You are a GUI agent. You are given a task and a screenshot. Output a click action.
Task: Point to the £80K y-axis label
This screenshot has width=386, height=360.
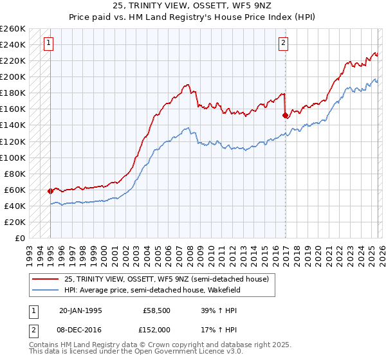coord(15,174)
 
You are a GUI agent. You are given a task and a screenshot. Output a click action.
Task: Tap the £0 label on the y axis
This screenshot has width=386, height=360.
coord(19,238)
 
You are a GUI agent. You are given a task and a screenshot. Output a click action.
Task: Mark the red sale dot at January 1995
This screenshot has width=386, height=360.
coord(50,191)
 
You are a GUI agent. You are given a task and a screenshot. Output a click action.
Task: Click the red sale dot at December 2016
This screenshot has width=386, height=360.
coord(285,116)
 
